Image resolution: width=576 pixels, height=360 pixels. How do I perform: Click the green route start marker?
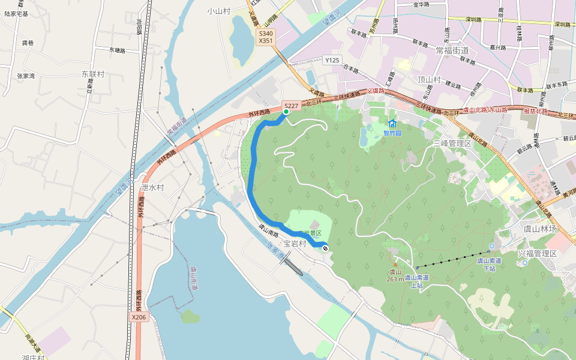pyautogui.click(x=286, y=112)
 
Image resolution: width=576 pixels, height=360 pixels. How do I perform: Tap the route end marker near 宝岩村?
pyautogui.click(x=325, y=248)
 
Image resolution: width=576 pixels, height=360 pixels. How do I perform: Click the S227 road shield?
pyautogui.click(x=291, y=105)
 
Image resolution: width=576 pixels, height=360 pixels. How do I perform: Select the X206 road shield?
pyautogui.click(x=138, y=316)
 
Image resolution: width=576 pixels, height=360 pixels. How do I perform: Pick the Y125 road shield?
pyautogui.click(x=332, y=60)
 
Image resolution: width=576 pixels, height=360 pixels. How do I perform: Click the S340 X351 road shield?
pyautogui.click(x=266, y=38)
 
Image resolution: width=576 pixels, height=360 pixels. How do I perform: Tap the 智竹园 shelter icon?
pyautogui.click(x=392, y=124)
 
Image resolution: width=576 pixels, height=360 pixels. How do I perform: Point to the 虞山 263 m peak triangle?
pyautogui.click(x=395, y=264)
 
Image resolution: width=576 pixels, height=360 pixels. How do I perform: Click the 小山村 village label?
pyautogui.click(x=219, y=11)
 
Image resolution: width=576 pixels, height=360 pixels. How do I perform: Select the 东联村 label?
pyautogui.click(x=93, y=74)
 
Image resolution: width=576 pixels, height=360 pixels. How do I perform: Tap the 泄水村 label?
pyautogui.click(x=152, y=187)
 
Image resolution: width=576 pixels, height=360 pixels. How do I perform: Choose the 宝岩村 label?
pyautogui.click(x=295, y=244)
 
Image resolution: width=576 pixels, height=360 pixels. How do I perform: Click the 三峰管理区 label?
pyautogui.click(x=452, y=143)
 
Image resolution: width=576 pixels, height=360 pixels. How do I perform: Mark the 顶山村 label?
pyautogui.click(x=429, y=80)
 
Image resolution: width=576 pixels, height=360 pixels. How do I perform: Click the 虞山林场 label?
pyautogui.click(x=540, y=229)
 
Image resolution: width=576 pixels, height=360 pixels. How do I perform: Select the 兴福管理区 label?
pyautogui.click(x=538, y=254)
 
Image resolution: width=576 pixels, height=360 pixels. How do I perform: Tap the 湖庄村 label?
pyautogui.click(x=34, y=357)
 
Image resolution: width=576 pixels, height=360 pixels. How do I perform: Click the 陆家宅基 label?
pyautogui.click(x=16, y=13)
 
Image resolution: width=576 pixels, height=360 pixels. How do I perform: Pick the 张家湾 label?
pyautogui.click(x=26, y=76)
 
